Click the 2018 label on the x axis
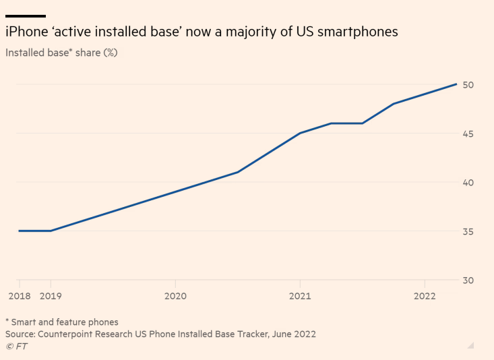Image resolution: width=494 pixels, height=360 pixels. click(19, 295)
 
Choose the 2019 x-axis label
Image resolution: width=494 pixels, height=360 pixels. click(51, 295)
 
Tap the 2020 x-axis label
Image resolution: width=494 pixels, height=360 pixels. click(175, 295)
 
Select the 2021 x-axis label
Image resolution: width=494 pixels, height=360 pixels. click(300, 295)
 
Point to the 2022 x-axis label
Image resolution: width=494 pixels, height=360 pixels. click(425, 295)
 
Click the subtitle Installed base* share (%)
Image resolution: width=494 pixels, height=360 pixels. click(61, 52)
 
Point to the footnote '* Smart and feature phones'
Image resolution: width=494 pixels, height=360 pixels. click(61, 322)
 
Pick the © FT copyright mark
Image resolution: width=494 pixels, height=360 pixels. click(16, 346)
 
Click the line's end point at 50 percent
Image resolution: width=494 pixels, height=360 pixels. click(456, 84)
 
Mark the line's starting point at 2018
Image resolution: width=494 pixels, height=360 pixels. click(20, 231)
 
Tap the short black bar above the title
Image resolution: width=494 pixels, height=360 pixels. click(26, 16)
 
